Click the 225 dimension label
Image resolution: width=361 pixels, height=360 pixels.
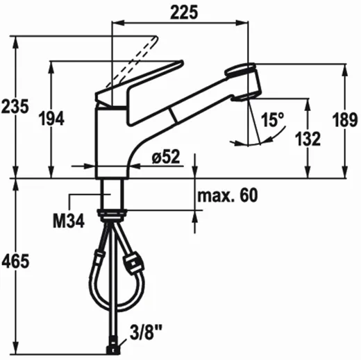click(184, 12)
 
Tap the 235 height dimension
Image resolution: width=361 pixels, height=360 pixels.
click(15, 107)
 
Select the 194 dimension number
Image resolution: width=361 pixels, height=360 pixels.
click(51, 119)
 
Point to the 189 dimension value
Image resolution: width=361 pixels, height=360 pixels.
click(345, 120)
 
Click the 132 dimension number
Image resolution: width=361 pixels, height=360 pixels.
click(308, 139)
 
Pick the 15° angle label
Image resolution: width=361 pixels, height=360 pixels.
click(272, 119)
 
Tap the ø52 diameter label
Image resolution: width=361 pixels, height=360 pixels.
click(166, 157)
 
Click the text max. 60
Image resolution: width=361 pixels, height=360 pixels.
click(228, 196)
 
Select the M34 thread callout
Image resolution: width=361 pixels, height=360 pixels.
click(69, 221)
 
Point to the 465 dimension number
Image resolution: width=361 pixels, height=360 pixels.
click(15, 262)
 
